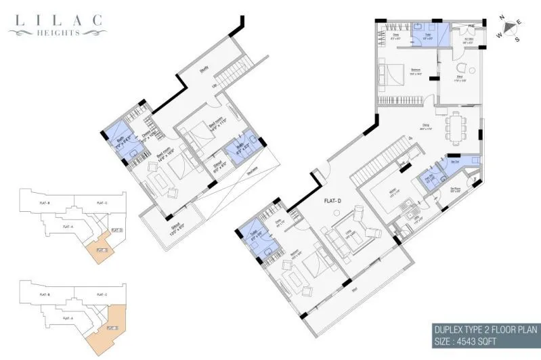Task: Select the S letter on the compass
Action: (x=517, y=39)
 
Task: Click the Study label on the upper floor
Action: (x=203, y=68)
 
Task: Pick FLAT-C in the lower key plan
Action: (x=100, y=294)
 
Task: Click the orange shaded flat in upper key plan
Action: (x=102, y=250)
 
